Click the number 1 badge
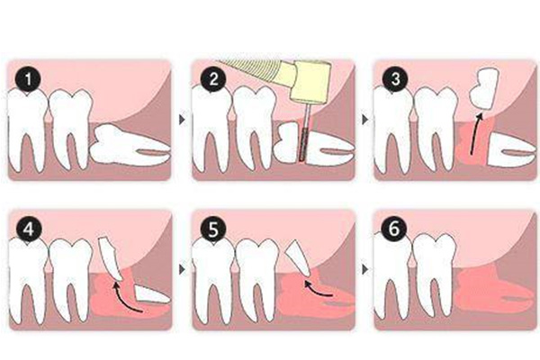click(28, 79)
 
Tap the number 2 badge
click(213, 79)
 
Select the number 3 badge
click(395, 79)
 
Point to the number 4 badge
click(29, 229)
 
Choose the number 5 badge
click(213, 229)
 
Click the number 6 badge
click(395, 229)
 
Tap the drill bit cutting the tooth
click(305, 132)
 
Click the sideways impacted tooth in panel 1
click(131, 144)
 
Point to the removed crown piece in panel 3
click(484, 89)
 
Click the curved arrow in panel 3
click(475, 134)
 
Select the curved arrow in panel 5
click(317, 290)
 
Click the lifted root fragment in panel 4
click(110, 258)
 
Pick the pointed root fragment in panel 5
click(299, 257)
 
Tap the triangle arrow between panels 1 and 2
click(182, 120)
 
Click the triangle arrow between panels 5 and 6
click(364, 270)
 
